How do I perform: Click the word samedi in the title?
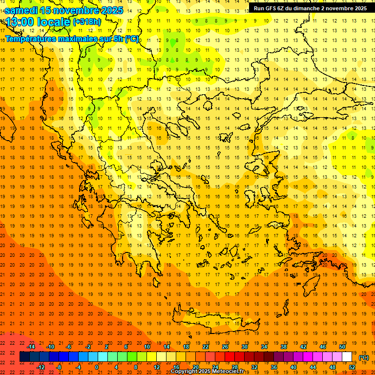21,10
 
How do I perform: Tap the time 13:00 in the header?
19,22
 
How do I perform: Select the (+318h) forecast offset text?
87,22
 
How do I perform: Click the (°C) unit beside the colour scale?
364,357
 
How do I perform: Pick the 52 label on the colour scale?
352,367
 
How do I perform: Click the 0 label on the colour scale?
96,367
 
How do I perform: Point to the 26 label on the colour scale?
225,346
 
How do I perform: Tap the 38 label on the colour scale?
284,346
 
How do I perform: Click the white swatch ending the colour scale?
347,357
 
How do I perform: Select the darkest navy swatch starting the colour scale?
24,357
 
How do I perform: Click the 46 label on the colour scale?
323,346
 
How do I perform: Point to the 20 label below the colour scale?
196,367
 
